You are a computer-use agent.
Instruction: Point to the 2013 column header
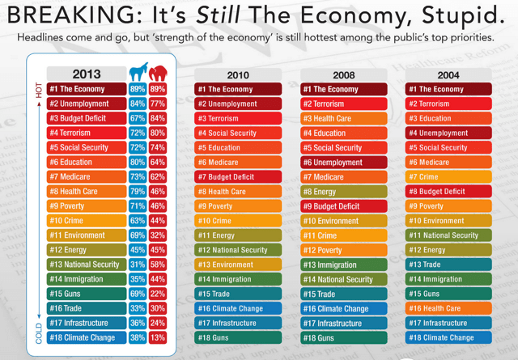(x=87, y=74)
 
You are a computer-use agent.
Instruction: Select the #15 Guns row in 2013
(x=86, y=294)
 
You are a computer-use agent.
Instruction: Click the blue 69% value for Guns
(x=138, y=294)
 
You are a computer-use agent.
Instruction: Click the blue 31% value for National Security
(x=138, y=265)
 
